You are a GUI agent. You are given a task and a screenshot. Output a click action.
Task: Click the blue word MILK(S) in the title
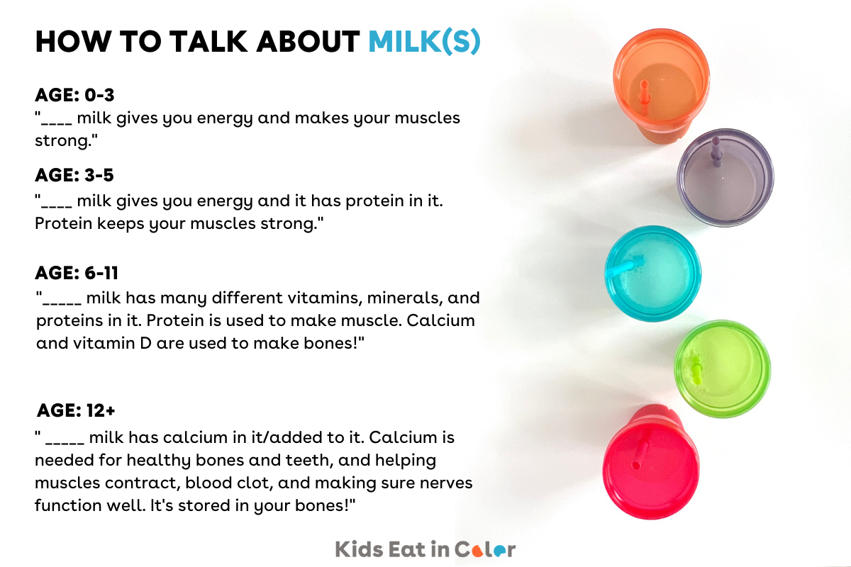(x=424, y=42)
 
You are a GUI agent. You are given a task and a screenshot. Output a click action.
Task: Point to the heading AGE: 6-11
(x=77, y=273)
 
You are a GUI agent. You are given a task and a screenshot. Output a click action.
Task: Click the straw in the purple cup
(x=716, y=150)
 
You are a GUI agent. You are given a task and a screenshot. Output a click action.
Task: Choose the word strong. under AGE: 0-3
(x=66, y=140)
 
